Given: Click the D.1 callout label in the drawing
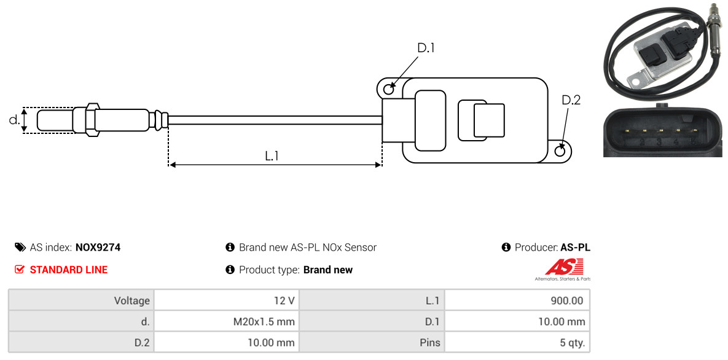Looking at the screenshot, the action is [x=426, y=47].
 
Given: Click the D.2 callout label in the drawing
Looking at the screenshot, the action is [x=571, y=100].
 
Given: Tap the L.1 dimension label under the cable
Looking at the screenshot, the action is [x=272, y=156].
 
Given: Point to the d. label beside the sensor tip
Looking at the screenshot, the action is [x=14, y=120].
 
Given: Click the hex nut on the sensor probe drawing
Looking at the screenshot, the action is [x=92, y=120].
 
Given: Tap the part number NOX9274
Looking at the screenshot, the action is [x=98, y=248].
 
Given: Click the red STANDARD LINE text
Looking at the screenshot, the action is [x=69, y=270].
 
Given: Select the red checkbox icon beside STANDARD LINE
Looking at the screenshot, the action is [x=20, y=270].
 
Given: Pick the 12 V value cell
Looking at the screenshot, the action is [x=227, y=300].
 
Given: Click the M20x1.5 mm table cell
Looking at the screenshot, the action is [x=227, y=321].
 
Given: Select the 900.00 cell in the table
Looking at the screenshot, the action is [x=517, y=300].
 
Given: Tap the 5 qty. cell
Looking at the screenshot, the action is [x=517, y=343].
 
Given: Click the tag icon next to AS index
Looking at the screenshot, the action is [x=20, y=247].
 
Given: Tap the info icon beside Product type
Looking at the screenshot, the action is [x=230, y=270].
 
